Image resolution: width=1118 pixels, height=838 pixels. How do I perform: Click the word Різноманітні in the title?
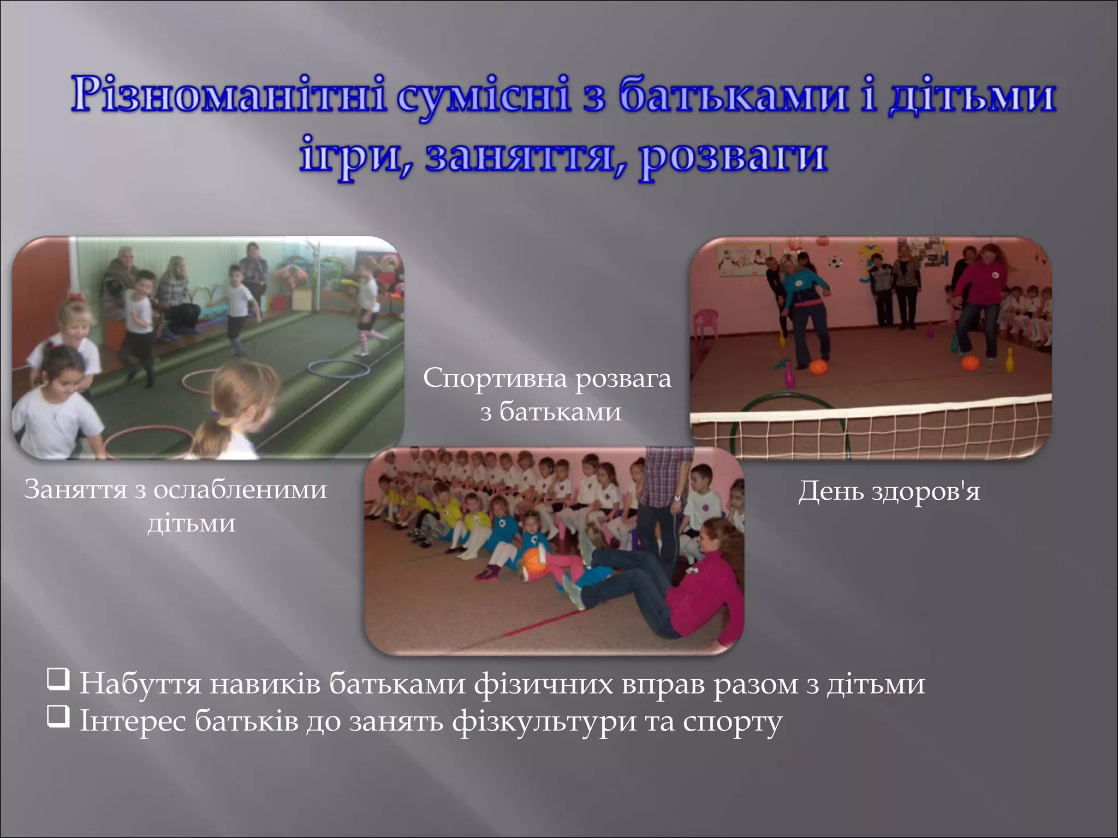point(227,95)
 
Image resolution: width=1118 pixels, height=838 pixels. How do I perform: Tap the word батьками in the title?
point(734,95)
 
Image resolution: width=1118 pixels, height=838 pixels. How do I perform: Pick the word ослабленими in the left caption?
point(240,489)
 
